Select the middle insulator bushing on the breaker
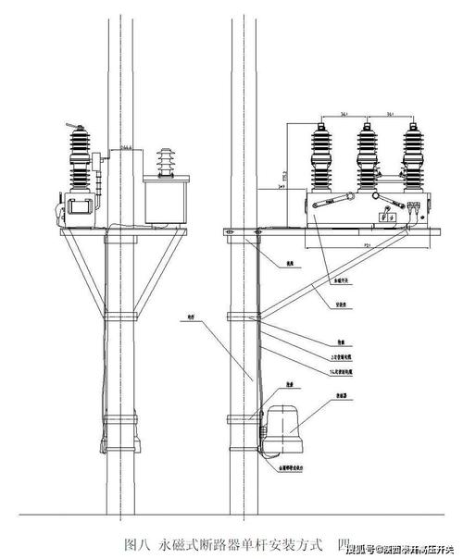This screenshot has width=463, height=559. click(x=368, y=156)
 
